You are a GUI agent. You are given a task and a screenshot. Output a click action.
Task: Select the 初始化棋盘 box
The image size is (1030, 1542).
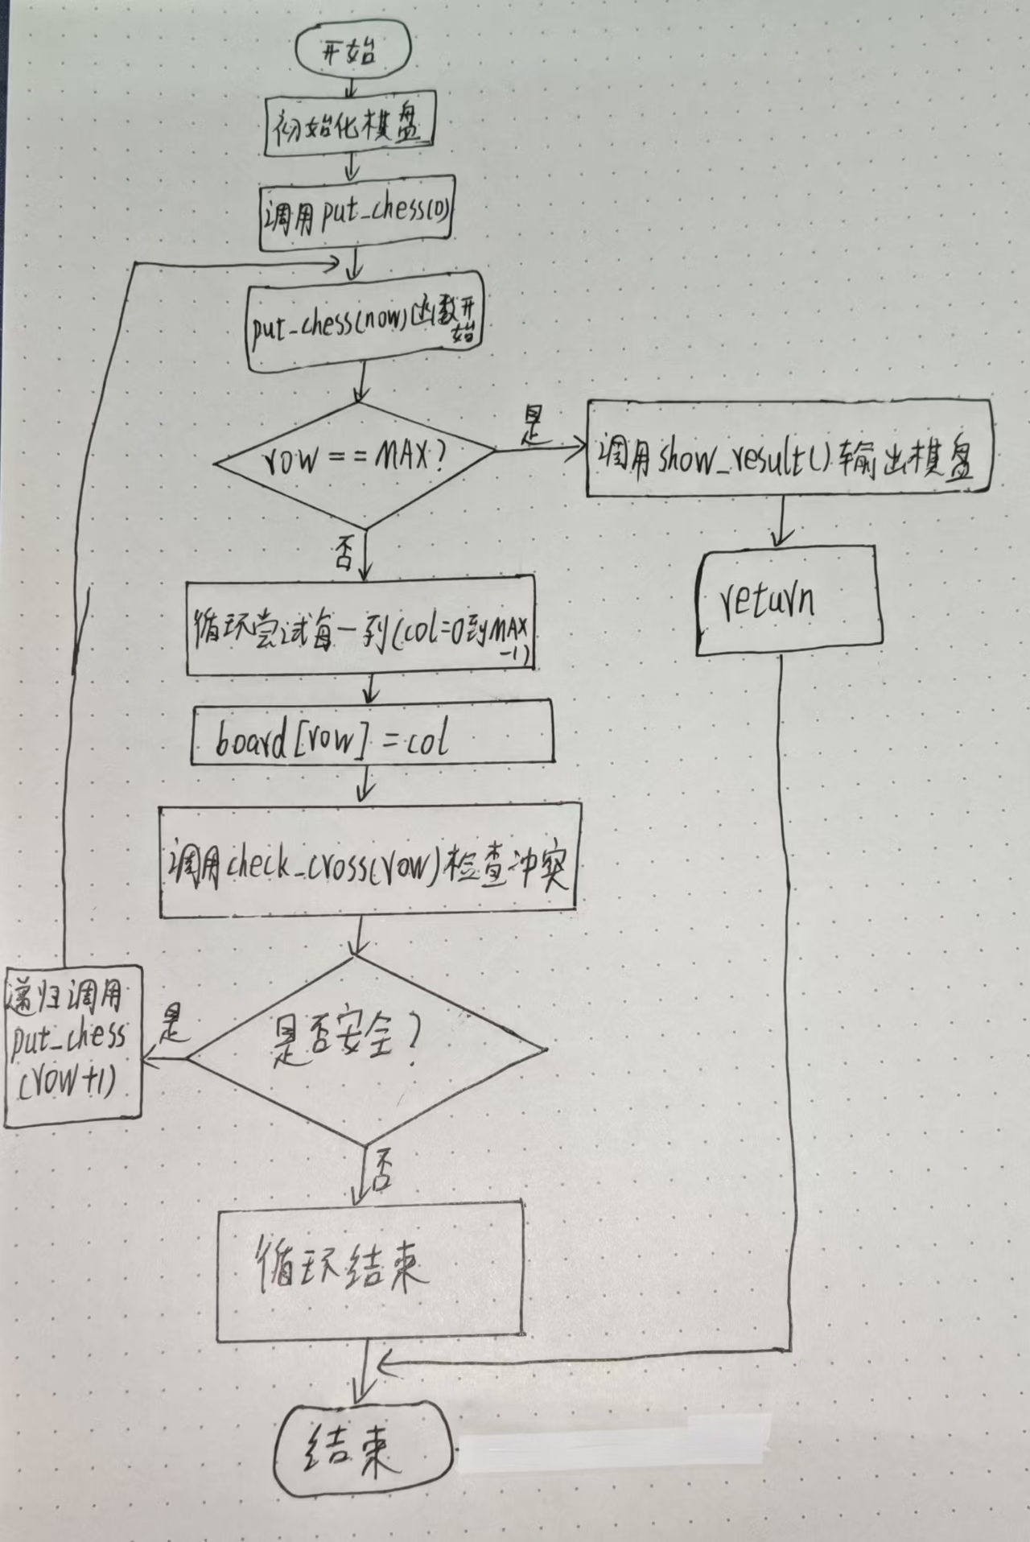[x=349, y=126]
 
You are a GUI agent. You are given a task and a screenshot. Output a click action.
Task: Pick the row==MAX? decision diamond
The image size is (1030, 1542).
[x=355, y=460]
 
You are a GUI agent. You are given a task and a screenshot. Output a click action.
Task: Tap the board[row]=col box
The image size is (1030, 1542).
[x=372, y=735]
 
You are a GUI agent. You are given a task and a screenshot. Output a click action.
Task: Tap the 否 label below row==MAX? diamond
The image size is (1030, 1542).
[x=344, y=555]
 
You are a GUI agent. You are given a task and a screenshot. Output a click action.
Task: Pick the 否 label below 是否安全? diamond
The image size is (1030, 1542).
[x=381, y=1169]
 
